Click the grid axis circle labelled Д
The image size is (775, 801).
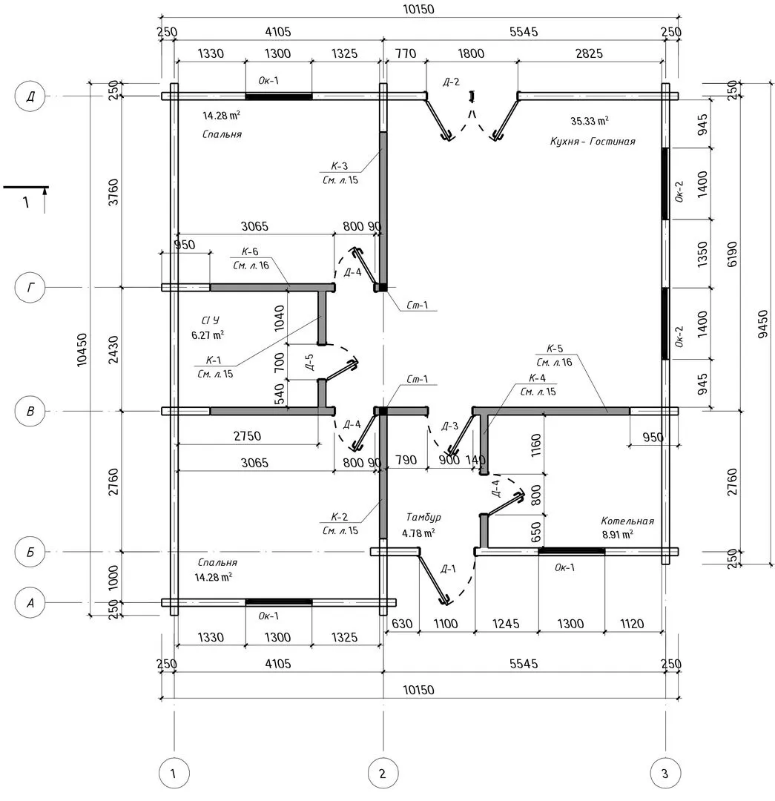(x=30, y=96)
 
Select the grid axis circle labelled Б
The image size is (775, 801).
(x=30, y=553)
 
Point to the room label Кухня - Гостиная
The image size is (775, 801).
(x=593, y=141)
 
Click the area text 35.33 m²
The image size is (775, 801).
(x=590, y=120)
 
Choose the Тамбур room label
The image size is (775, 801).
(x=424, y=517)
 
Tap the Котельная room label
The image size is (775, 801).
(x=627, y=521)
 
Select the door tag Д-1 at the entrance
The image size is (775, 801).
(x=448, y=569)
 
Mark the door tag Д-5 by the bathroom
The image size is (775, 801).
(x=309, y=362)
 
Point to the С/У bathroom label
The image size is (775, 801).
(x=210, y=320)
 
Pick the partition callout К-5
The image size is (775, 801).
(x=555, y=349)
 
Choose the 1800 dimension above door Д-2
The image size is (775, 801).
(x=471, y=53)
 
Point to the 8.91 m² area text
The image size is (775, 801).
(x=617, y=534)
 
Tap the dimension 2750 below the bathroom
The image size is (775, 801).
(x=248, y=435)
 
